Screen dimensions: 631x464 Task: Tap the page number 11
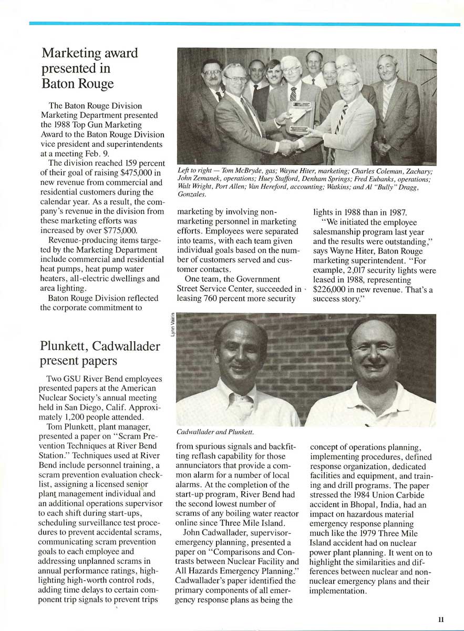point(441,620)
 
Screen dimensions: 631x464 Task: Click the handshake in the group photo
point(288,147)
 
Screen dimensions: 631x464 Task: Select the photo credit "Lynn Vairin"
point(172,327)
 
